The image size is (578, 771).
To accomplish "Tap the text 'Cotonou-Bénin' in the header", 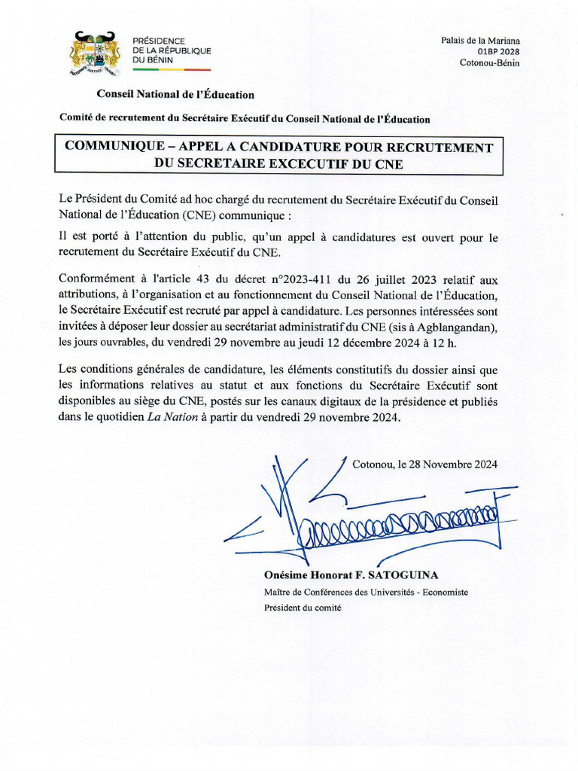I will (x=489, y=63).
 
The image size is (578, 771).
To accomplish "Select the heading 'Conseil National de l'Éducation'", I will (x=175, y=95).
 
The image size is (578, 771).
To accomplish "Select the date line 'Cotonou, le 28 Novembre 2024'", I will (x=424, y=465).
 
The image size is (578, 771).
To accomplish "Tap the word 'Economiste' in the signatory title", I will (x=445, y=592).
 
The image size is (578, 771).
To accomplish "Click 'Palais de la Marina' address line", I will (x=480, y=41).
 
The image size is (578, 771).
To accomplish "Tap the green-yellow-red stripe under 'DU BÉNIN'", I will (x=172, y=69).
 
